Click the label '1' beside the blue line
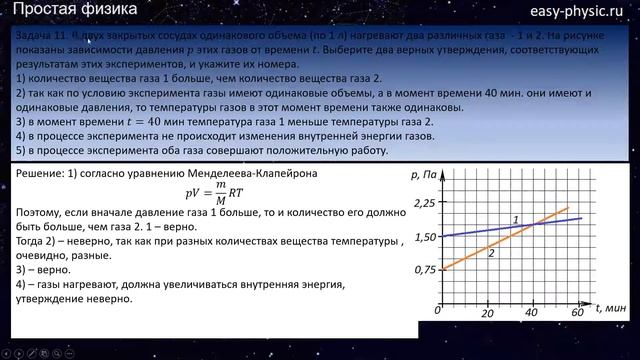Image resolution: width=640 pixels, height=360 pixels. coord(514,219)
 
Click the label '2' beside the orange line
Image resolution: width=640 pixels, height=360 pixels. coord(491,254)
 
